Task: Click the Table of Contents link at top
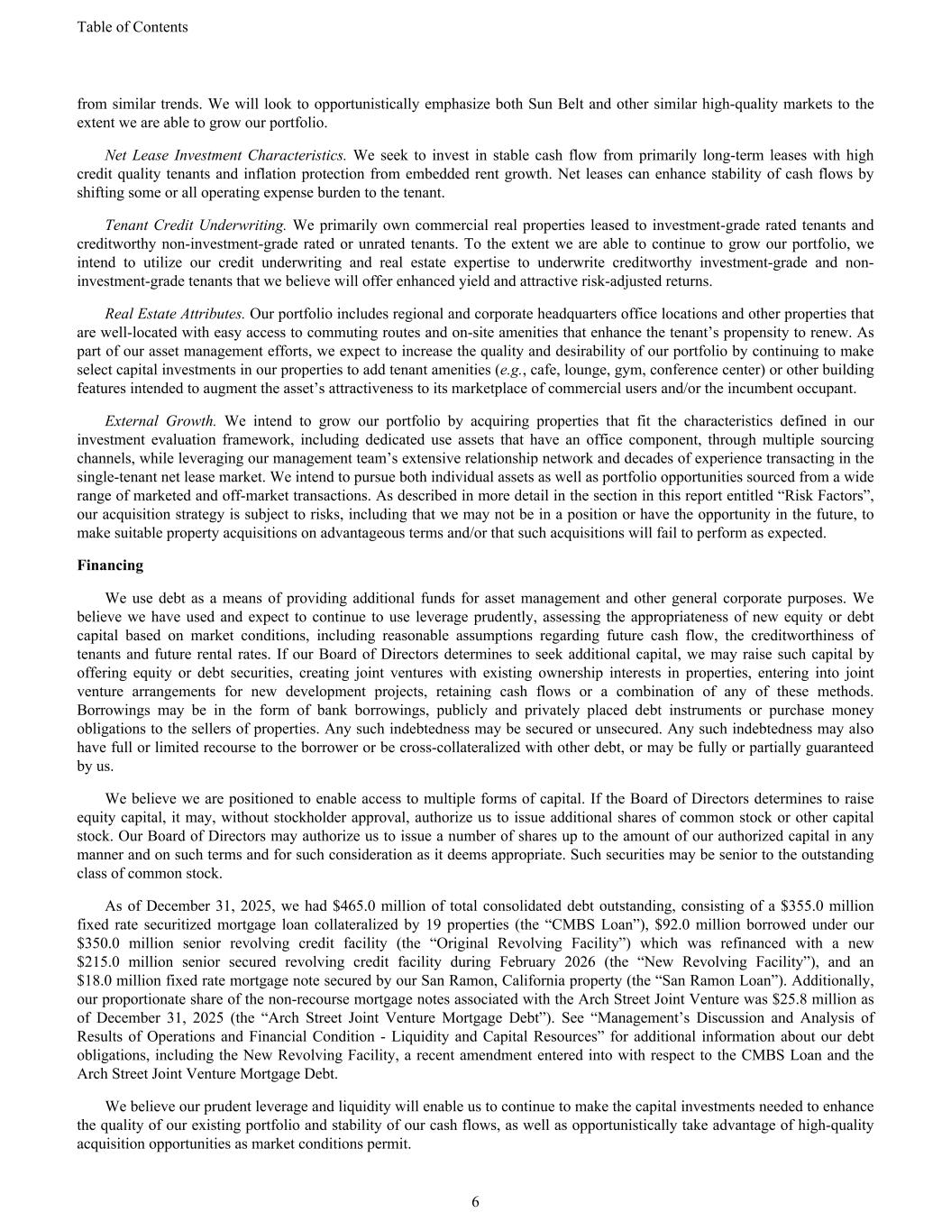pyautogui.click(x=133, y=27)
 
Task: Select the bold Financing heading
pyautogui.click(x=110, y=565)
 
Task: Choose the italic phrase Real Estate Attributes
pyautogui.click(x=175, y=314)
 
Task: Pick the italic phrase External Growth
pyautogui.click(x=160, y=420)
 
